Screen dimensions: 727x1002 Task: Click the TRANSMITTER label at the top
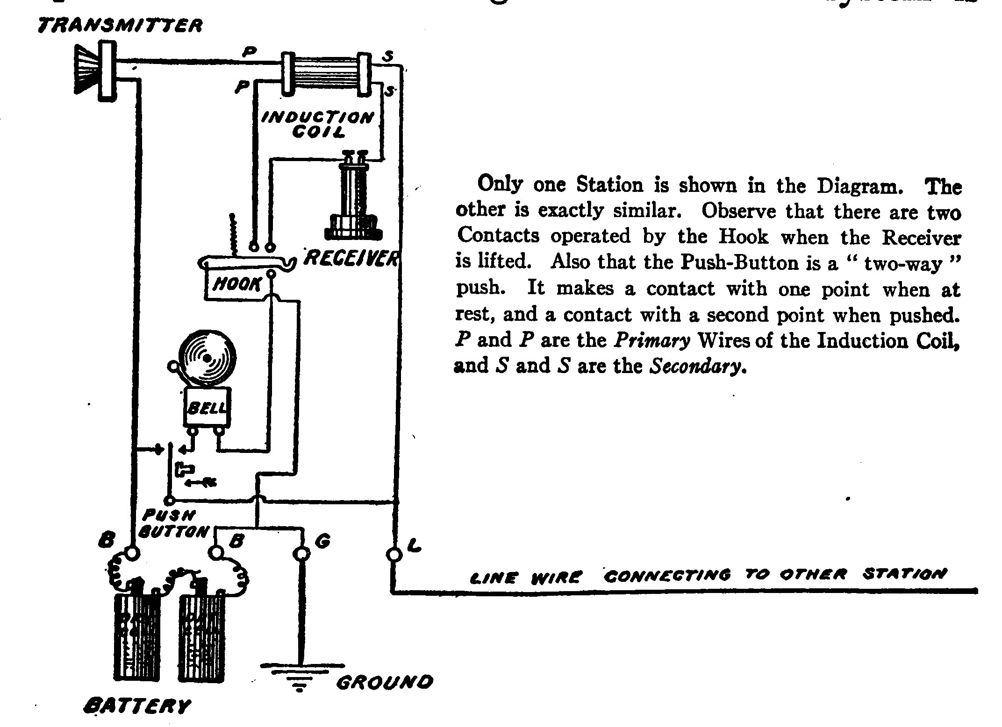coord(120,25)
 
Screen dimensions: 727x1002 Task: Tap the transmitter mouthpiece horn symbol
coord(87,70)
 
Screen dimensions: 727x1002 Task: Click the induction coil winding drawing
coord(324,74)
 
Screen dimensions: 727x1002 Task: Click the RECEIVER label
coord(351,257)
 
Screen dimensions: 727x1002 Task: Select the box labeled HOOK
coord(236,284)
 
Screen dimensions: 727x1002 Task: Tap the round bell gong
coord(207,358)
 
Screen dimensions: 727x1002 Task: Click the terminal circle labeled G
coord(302,554)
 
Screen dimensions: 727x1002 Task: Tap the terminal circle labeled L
coord(394,554)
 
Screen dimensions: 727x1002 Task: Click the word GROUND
coord(384,683)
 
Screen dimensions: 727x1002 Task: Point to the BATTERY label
coord(137,706)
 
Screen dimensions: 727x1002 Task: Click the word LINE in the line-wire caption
coord(493,579)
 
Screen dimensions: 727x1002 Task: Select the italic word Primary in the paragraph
coord(652,341)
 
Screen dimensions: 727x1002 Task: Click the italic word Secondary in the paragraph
coord(696,367)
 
